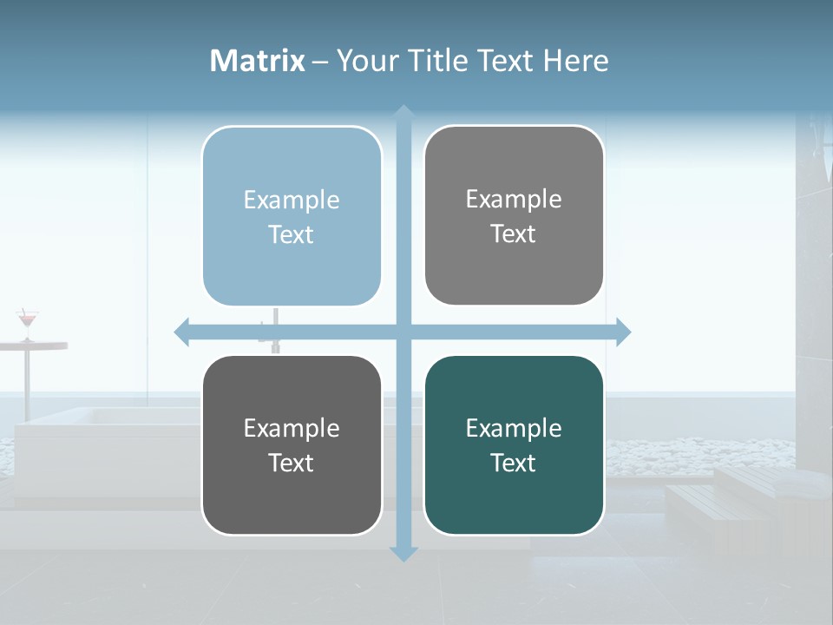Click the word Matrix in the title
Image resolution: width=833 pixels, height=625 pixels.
pos(257,61)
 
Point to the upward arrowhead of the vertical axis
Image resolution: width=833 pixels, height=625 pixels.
pos(403,112)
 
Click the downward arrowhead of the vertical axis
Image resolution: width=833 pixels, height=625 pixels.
pos(403,554)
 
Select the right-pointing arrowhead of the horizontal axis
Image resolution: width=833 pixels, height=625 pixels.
pos(623,332)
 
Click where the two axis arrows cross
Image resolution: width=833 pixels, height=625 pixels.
pos(403,332)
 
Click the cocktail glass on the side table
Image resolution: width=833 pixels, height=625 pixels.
pos(28,322)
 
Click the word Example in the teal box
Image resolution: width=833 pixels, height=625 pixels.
pos(514,428)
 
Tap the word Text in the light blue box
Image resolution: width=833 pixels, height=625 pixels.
pos(291,234)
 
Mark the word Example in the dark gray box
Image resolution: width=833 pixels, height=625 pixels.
pos(291,428)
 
